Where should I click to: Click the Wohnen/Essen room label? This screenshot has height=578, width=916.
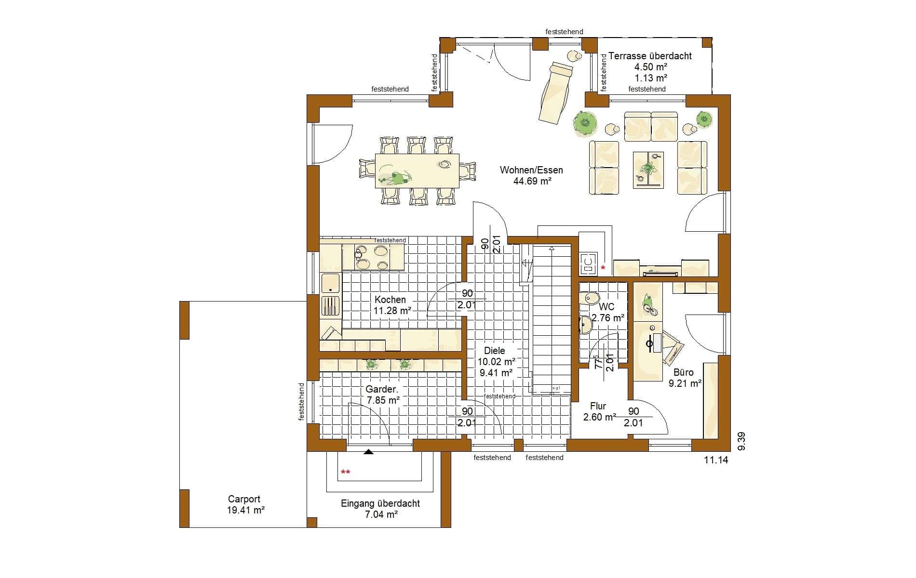(531, 175)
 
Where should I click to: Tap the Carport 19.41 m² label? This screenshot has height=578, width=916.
(245, 505)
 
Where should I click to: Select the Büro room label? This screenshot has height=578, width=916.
(684, 378)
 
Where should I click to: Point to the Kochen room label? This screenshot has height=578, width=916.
(392, 305)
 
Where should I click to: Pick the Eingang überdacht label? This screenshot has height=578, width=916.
(380, 509)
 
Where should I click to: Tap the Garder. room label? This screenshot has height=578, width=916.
(383, 394)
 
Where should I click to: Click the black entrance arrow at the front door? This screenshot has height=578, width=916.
(368, 452)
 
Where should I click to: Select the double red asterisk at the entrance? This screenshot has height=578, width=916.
(346, 472)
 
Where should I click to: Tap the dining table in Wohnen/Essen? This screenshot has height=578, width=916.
(417, 171)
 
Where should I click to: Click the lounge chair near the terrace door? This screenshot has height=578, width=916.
(556, 92)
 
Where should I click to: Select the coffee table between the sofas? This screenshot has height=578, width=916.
(648, 170)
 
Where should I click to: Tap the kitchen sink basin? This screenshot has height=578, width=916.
(330, 283)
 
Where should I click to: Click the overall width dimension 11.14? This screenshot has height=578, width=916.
(716, 460)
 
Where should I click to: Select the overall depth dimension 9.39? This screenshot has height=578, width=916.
(741, 441)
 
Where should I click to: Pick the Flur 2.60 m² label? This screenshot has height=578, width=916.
(599, 412)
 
